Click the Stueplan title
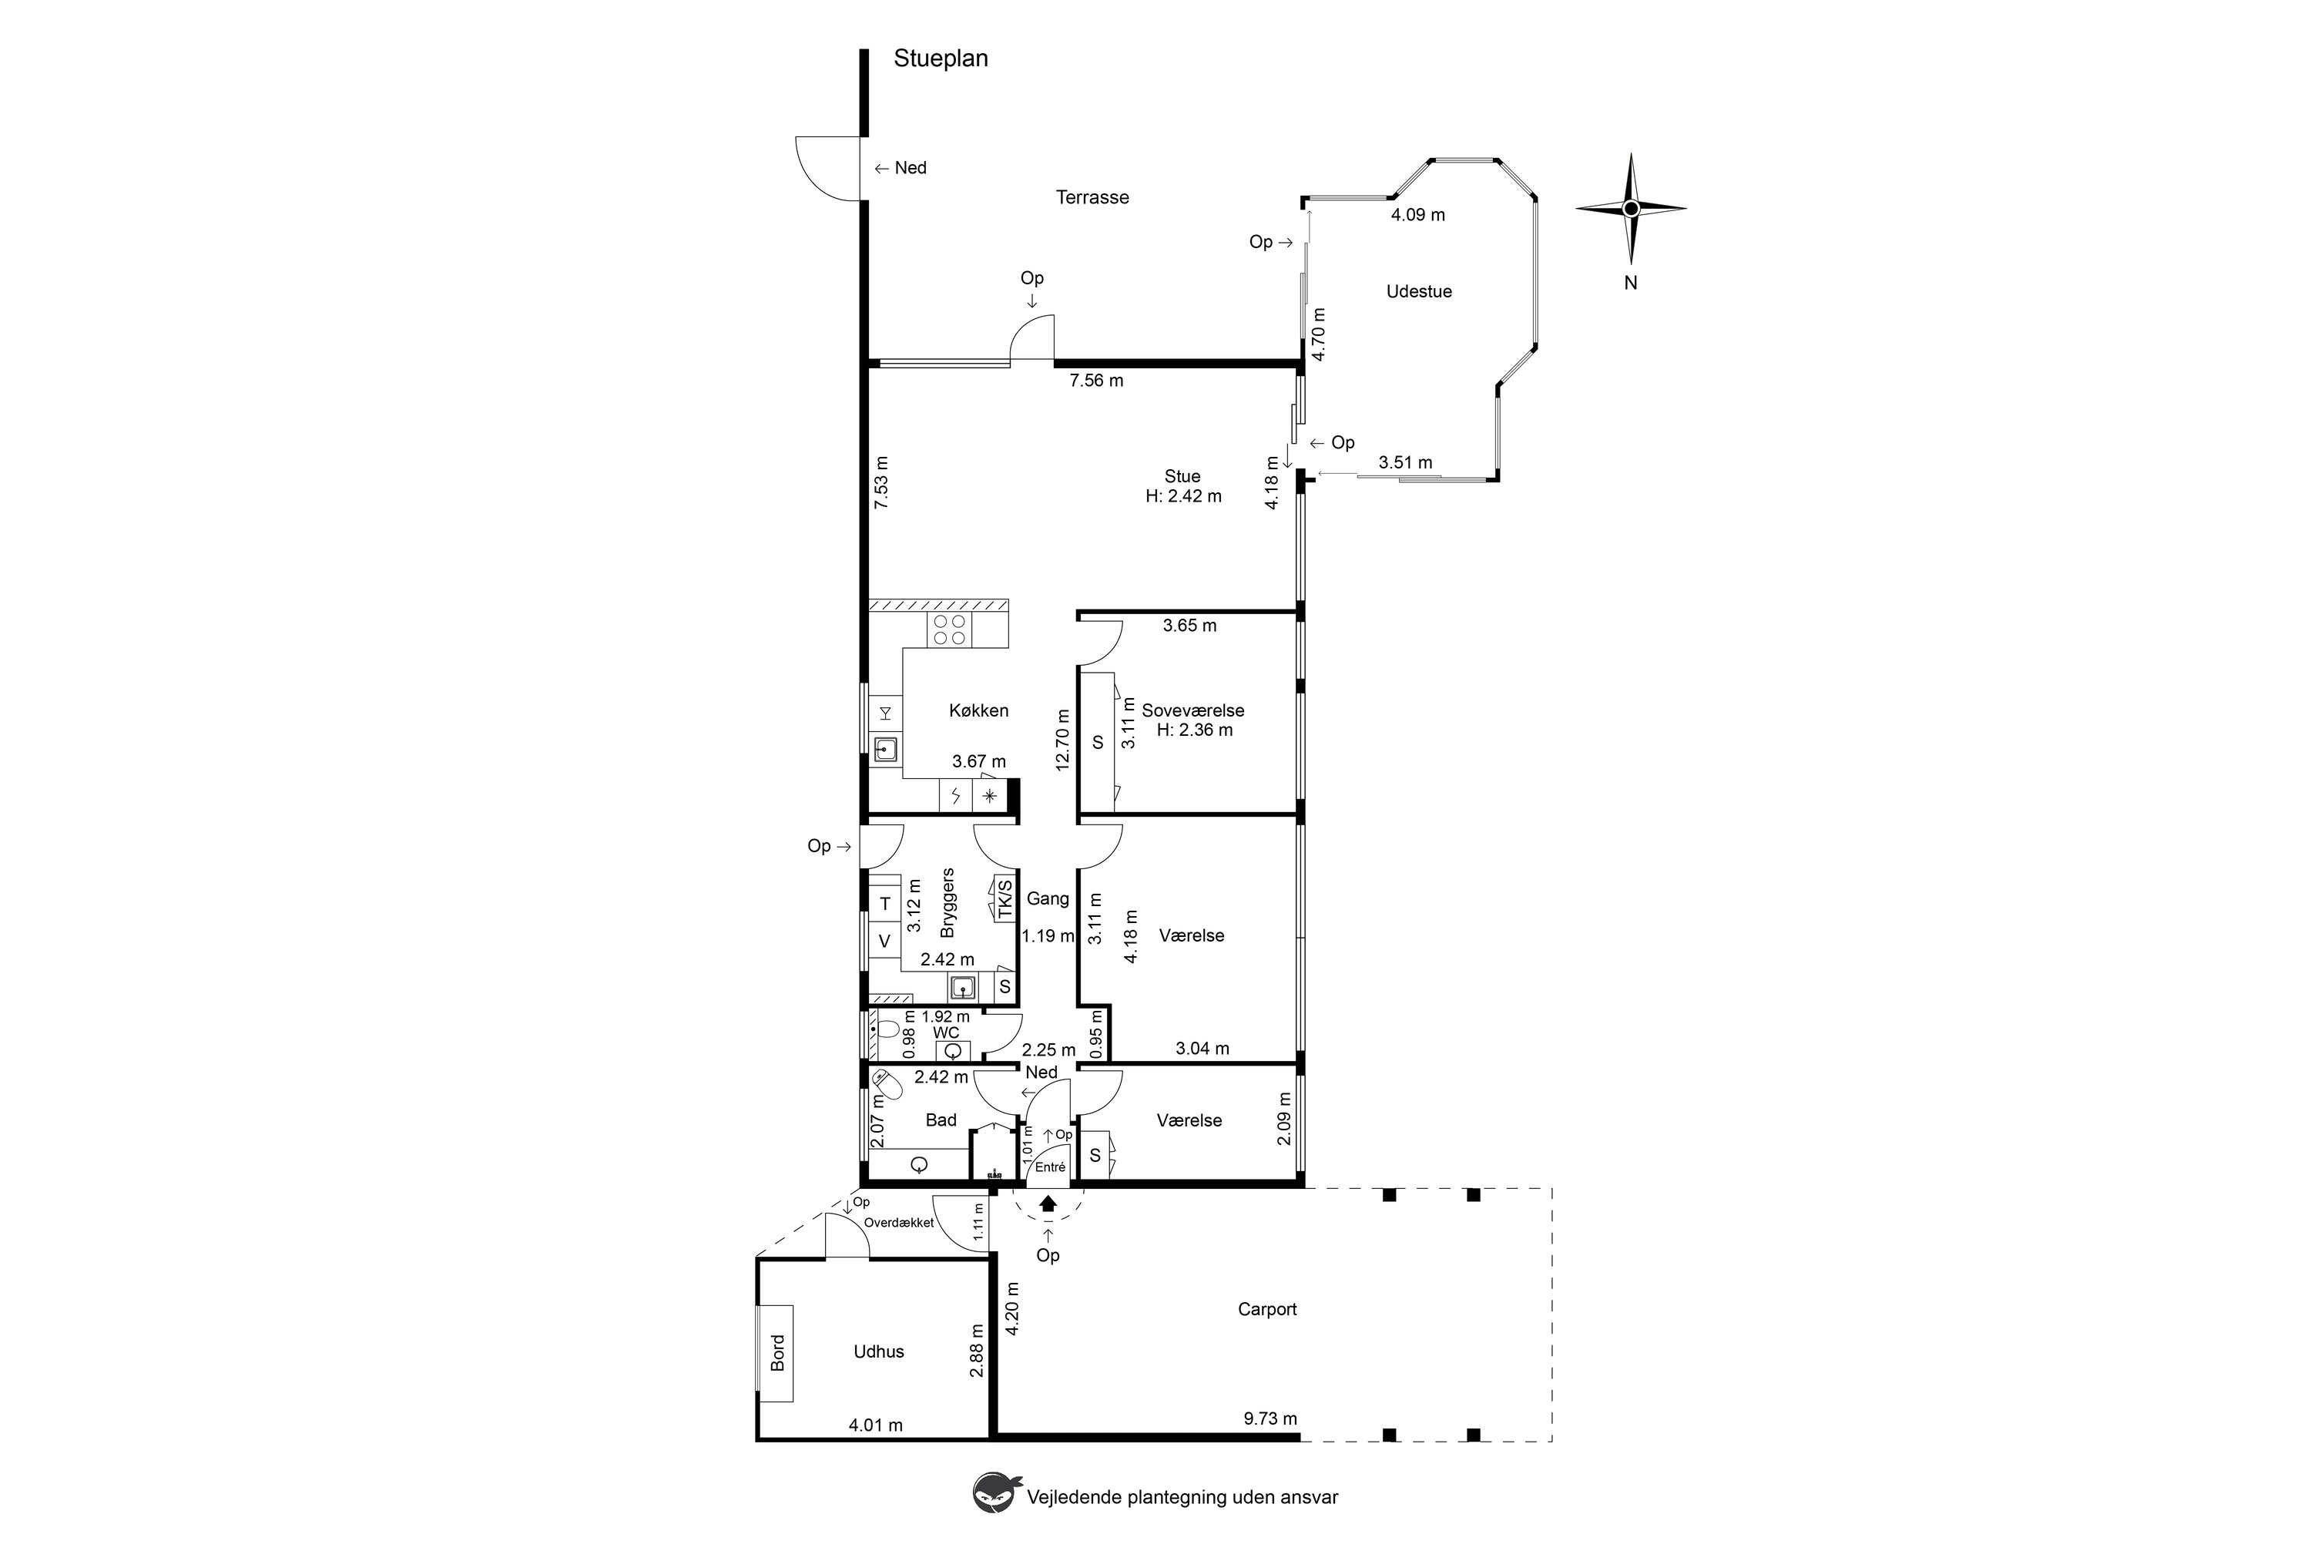[941, 59]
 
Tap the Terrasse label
[1092, 197]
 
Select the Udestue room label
[1419, 292]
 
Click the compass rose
[1631, 208]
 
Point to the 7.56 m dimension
[1096, 381]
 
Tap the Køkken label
[978, 710]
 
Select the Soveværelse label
[1192, 710]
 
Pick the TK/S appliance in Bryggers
[1003, 898]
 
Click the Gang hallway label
[1048, 898]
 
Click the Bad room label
[941, 1120]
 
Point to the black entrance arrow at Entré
[1048, 1202]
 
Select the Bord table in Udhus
[776, 1352]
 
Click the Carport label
[1266, 1309]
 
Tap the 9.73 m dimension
[1270, 1418]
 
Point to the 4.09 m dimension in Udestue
[1418, 214]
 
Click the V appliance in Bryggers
[884, 941]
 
